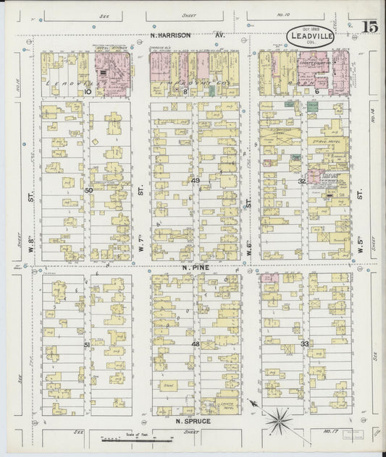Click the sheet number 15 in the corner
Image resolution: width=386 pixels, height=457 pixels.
pos(369,27)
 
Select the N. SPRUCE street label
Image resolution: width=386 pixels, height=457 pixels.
pos(193,419)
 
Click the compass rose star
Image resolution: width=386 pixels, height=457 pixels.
pos(278,417)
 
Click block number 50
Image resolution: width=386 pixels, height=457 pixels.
pos(88,190)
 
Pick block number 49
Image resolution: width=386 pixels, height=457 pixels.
pos(196,180)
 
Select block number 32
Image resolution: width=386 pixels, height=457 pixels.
pos(302,181)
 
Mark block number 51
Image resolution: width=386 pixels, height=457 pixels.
pos(87,345)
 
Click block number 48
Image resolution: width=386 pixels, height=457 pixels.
pos(195,344)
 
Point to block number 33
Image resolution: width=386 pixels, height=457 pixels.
pos(305,343)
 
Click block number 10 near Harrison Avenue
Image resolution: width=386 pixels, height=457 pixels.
pos(88,92)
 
